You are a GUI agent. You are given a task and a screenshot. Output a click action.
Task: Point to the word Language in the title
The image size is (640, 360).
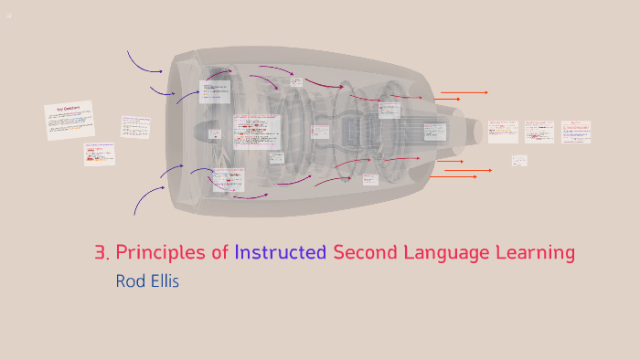[447, 253]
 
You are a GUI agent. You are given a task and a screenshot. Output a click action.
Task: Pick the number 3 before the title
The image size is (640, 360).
[100, 253]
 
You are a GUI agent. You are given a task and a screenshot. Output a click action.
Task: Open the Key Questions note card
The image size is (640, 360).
[69, 120]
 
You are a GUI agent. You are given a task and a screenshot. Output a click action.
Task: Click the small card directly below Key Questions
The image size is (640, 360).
[100, 153]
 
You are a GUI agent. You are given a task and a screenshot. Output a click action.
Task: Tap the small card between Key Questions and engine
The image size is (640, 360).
[135, 126]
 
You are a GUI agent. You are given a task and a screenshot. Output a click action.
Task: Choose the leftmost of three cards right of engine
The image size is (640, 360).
[502, 131]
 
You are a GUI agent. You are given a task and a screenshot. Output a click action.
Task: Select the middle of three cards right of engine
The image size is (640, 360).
[539, 131]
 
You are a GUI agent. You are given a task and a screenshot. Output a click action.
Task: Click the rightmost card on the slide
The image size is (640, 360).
[576, 131]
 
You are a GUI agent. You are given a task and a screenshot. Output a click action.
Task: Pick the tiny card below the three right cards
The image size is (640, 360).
[519, 161]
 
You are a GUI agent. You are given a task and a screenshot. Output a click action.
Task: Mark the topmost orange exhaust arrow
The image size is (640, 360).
[464, 92]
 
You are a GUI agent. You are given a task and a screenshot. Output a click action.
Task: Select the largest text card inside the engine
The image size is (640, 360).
[257, 131]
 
